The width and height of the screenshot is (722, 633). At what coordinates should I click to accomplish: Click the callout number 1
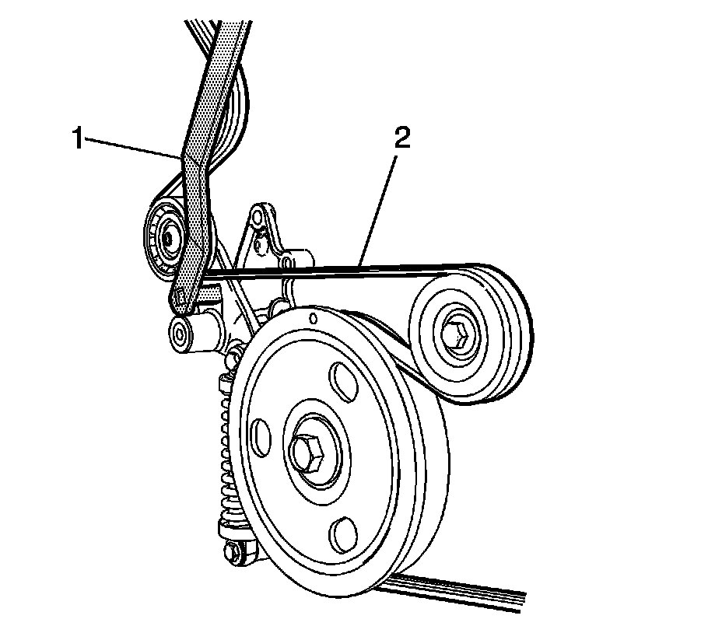(x=77, y=139)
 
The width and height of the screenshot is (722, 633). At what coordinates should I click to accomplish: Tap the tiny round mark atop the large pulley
(x=312, y=317)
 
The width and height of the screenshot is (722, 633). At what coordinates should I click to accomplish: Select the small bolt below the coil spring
(x=231, y=553)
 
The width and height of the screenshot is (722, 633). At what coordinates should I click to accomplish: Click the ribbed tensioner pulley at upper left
(x=164, y=236)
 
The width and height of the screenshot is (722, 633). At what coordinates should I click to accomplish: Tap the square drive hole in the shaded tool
(x=180, y=296)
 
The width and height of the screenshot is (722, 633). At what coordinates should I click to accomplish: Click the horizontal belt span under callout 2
(x=327, y=271)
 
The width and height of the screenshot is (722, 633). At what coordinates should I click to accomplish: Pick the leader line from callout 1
(x=132, y=149)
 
